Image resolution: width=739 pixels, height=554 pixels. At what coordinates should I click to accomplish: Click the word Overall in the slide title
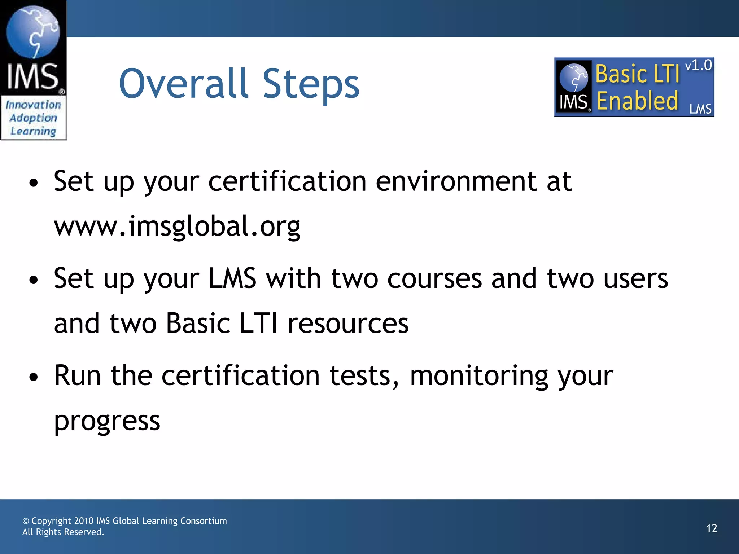(x=184, y=84)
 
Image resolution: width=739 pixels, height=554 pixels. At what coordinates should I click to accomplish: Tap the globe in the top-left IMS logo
(x=33, y=32)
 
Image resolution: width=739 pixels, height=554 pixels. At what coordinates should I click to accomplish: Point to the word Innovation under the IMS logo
(x=33, y=105)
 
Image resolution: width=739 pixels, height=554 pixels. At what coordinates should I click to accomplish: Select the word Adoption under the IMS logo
(x=33, y=118)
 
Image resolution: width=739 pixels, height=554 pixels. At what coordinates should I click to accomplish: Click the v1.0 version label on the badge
(x=698, y=65)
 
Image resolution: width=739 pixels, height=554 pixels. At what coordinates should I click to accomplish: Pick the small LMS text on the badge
(x=700, y=109)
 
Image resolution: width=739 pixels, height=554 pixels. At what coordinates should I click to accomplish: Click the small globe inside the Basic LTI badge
(x=573, y=77)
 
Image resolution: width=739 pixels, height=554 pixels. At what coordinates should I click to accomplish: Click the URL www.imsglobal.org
(x=177, y=226)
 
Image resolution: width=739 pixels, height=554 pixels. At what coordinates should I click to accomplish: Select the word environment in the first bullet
(x=456, y=181)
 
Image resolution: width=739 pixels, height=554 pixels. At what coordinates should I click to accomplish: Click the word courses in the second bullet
(x=434, y=278)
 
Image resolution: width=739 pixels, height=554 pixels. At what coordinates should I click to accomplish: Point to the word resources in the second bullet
(x=348, y=323)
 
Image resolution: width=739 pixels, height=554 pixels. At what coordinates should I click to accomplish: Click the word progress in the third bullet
(x=107, y=421)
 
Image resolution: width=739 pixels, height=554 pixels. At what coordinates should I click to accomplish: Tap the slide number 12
(x=712, y=528)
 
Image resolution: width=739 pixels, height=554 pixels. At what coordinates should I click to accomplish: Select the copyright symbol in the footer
(x=26, y=521)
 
